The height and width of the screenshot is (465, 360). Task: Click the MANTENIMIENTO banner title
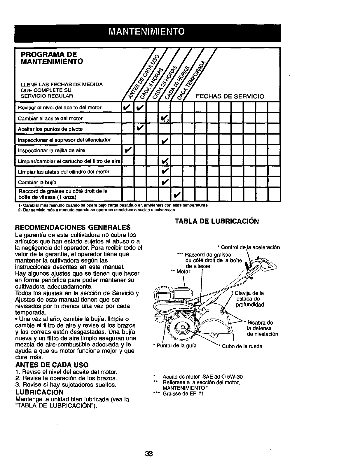click(145, 31)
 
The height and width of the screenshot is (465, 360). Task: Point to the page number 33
click(149, 454)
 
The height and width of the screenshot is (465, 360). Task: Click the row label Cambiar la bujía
click(37, 183)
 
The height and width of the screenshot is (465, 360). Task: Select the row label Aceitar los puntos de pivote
click(50, 129)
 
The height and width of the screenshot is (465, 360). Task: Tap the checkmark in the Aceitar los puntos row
click(140, 129)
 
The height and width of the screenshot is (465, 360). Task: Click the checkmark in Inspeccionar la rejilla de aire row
click(127, 150)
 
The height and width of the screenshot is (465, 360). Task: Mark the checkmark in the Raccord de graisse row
click(177, 194)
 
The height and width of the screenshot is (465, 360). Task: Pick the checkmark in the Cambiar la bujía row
click(164, 182)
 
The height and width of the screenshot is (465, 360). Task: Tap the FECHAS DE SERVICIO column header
click(230, 96)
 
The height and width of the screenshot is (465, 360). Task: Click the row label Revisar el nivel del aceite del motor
click(60, 108)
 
